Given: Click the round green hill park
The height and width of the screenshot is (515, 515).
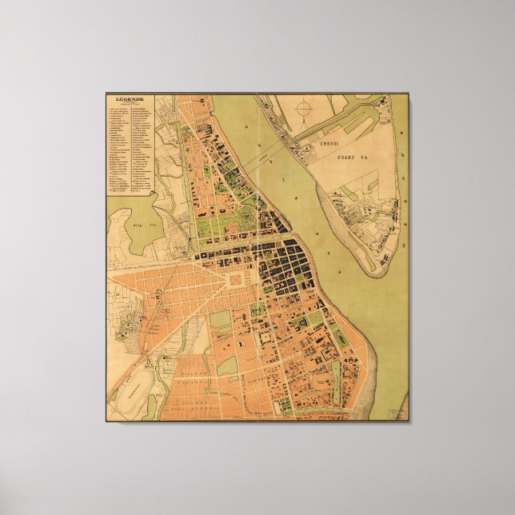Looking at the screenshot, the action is [247, 218].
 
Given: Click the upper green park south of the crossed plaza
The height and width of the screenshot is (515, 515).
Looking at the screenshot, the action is [220, 319].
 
